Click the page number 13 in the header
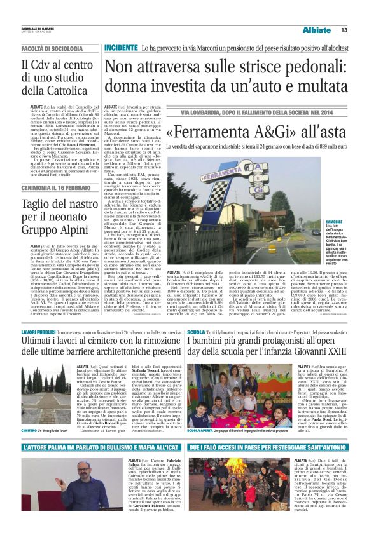click(344, 12)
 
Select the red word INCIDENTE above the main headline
click(121, 30)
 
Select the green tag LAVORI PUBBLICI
click(39, 333)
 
